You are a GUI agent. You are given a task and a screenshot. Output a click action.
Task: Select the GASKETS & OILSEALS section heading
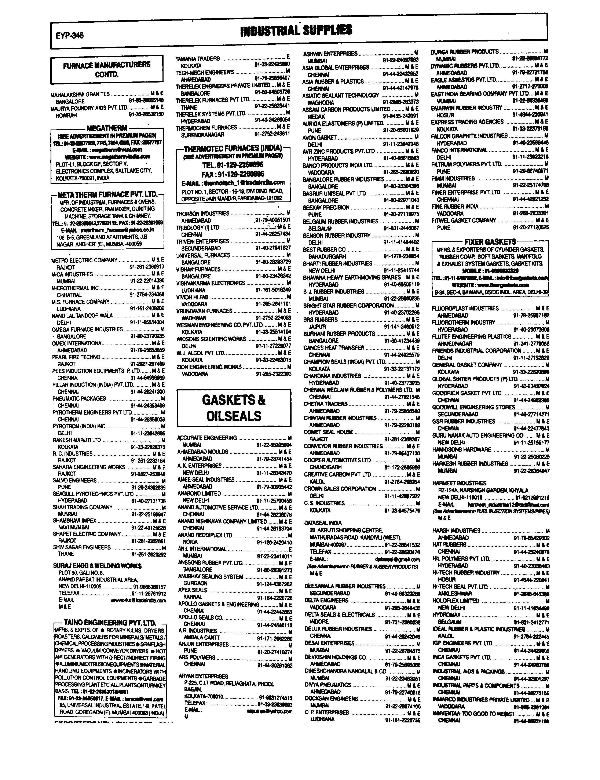pos(234,408)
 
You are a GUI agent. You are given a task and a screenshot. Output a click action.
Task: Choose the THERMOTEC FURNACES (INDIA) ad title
pos(233,148)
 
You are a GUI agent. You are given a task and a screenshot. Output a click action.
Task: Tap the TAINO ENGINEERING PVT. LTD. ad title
pos(110,623)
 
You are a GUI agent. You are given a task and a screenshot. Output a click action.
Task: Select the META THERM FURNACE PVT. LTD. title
pos(107,195)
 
